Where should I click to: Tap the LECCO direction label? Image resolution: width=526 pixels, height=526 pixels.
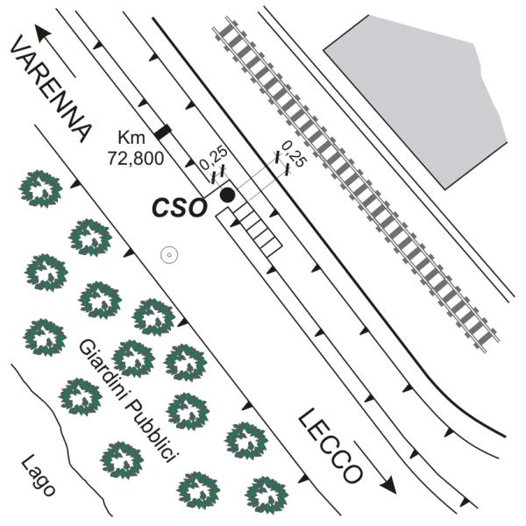331,446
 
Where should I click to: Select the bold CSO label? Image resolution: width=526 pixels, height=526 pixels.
178,208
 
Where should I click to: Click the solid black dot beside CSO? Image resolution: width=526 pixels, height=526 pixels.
227,195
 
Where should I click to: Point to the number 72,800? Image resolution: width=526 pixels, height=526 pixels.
136,158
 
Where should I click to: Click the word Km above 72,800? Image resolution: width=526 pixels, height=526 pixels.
131,138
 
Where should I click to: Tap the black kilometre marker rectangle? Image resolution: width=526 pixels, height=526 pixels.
163,131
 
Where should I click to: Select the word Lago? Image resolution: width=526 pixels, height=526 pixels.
38,476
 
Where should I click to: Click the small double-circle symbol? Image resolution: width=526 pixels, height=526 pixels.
169,255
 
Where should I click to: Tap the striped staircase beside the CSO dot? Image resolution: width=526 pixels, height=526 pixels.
258,231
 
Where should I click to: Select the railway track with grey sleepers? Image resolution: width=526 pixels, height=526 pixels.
356,184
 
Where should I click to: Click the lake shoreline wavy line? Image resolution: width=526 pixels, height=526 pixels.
62,439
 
